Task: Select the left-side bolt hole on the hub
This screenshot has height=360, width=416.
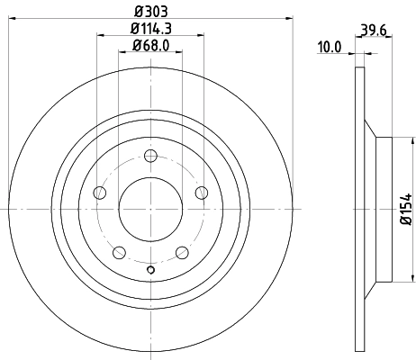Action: click(100, 193)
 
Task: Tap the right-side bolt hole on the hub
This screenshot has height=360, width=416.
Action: click(201, 192)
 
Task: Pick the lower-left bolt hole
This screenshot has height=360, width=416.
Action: click(119, 252)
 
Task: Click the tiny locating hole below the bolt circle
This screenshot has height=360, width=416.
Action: click(150, 269)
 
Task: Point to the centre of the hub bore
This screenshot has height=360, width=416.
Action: click(150, 209)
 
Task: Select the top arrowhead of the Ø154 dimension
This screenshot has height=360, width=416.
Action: click(396, 140)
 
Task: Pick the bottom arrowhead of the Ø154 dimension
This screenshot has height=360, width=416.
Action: click(396, 278)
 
